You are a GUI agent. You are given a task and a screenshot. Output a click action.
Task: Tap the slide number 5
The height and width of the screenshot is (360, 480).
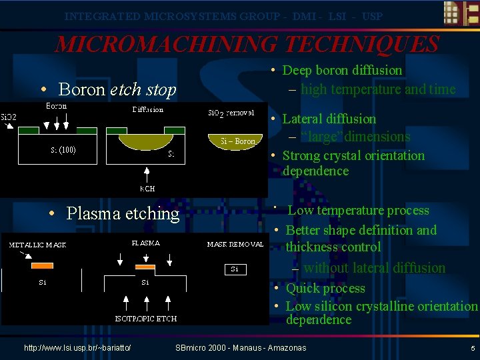[472, 348]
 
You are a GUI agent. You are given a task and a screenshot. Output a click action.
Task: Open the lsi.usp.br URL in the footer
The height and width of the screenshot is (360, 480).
[77, 348]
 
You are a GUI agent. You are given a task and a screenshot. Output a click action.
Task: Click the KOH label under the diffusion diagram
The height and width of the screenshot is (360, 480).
[147, 189]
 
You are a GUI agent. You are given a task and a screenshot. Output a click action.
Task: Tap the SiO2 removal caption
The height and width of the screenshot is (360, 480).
[231, 113]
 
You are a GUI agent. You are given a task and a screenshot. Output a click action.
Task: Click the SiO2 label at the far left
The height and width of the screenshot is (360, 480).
[9, 117]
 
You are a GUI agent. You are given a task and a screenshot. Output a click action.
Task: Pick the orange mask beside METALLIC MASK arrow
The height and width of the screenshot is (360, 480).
[42, 265]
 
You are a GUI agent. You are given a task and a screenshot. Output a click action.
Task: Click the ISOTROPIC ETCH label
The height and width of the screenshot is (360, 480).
[146, 318]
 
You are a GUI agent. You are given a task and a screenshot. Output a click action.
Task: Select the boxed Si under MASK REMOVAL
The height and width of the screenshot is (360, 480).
[235, 269]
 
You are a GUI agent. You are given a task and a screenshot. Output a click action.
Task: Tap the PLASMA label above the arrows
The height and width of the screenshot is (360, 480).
[145, 243]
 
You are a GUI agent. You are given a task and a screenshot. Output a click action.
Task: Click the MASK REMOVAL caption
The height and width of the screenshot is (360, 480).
[235, 244]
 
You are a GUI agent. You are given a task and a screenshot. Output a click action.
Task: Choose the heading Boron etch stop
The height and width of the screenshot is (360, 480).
[117, 89]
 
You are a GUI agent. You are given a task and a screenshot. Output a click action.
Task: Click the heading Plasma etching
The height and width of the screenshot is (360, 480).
[123, 213]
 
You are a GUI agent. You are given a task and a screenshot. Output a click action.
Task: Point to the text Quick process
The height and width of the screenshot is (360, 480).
[325, 288]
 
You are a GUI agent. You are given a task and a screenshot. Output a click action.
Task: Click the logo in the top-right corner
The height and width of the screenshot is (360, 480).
[460, 15]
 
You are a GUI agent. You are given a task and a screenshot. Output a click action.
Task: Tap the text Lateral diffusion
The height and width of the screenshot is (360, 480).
[329, 119]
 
